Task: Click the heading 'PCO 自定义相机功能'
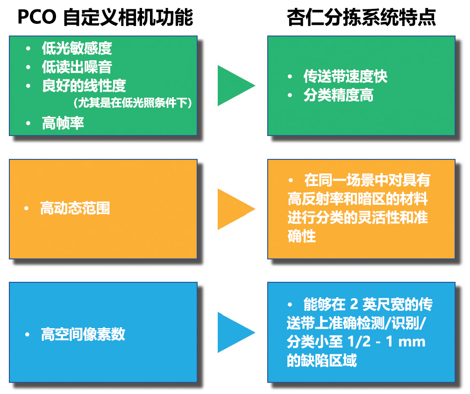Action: [105, 18]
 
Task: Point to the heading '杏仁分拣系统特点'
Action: [362, 18]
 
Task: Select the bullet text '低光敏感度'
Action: [77, 48]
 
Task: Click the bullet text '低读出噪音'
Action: [77, 67]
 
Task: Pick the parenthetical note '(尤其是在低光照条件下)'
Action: [133, 103]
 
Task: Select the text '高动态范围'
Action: [75, 208]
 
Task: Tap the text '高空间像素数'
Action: [83, 335]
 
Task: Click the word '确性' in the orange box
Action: [301, 236]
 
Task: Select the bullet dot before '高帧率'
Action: [29, 123]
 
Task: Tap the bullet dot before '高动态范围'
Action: [27, 208]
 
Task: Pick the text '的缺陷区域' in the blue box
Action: [322, 361]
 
